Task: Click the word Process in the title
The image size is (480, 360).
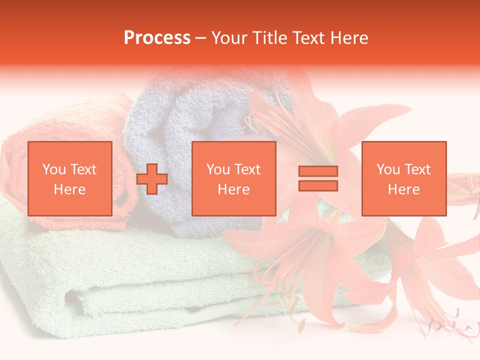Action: [x=157, y=38]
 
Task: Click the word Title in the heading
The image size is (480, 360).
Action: [x=270, y=38]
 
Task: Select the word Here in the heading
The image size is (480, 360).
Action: [x=348, y=38]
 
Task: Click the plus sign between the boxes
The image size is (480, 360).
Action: [x=152, y=179]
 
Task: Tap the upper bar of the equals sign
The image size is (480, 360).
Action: [x=318, y=171]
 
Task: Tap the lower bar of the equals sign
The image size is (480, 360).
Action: [x=318, y=185]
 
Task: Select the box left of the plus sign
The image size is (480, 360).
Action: [x=70, y=178]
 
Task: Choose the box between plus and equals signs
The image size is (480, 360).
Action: [x=234, y=178]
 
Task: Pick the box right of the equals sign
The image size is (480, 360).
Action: [x=404, y=178]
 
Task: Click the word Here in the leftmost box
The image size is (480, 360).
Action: [x=69, y=189]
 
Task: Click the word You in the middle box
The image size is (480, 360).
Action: [x=218, y=169]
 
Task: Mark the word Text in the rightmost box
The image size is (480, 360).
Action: [x=417, y=169]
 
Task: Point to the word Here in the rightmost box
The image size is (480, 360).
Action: [x=404, y=189]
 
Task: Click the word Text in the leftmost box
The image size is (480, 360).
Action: [x=83, y=169]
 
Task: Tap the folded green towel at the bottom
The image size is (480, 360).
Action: [x=125, y=280]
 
